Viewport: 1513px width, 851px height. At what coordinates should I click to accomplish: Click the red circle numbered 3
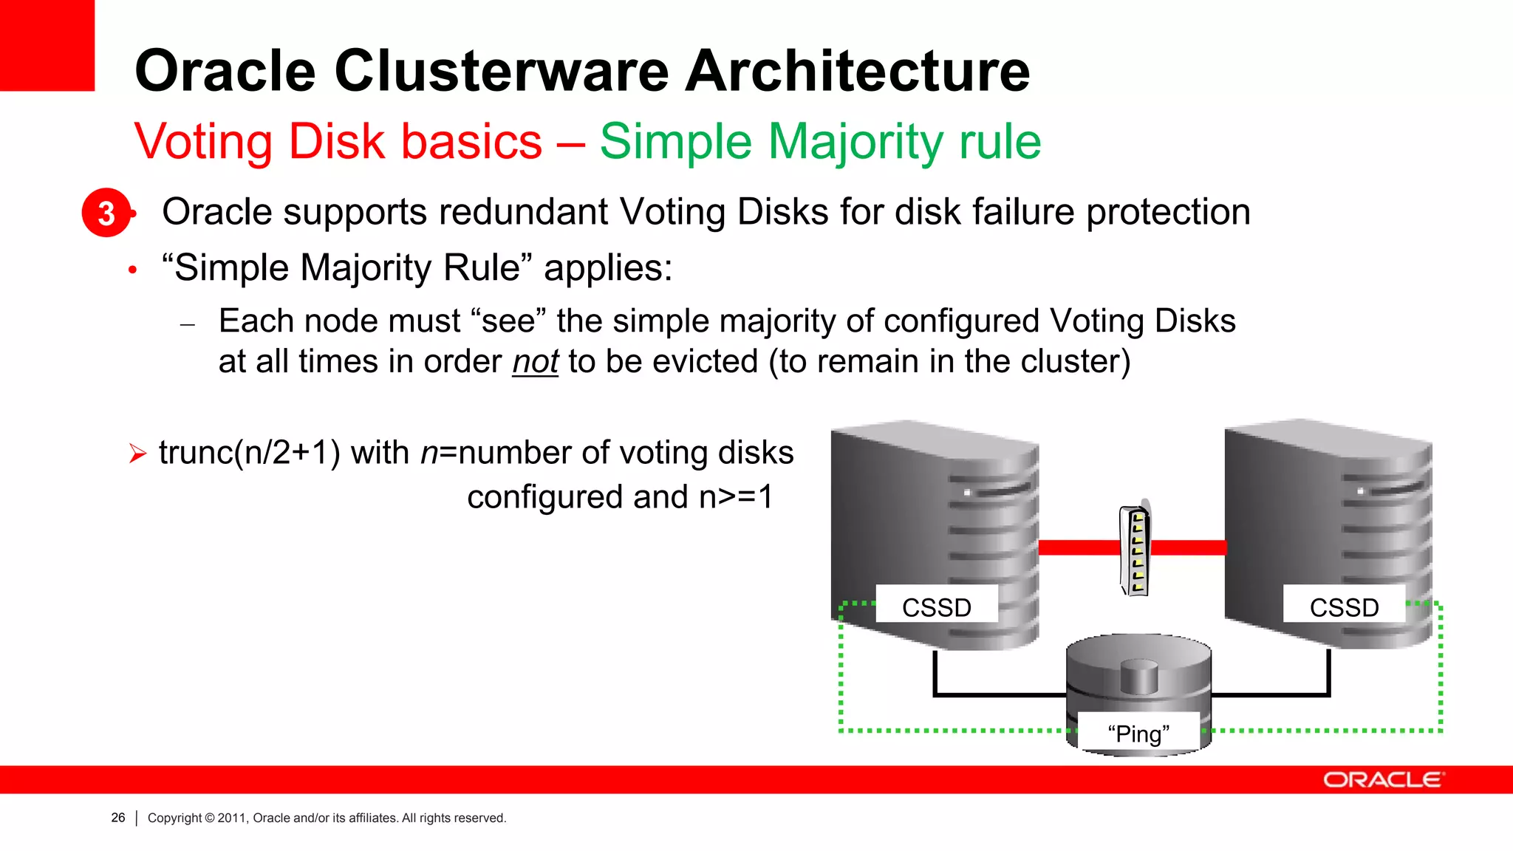click(x=106, y=213)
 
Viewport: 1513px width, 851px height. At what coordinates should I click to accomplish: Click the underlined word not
click(x=535, y=362)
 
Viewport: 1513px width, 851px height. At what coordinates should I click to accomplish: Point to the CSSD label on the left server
click(x=936, y=607)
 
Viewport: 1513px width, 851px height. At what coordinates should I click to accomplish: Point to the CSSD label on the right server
click(x=1344, y=607)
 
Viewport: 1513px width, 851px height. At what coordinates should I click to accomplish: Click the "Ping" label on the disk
click(x=1138, y=734)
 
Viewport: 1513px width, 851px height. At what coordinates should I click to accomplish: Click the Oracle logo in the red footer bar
click(x=1383, y=780)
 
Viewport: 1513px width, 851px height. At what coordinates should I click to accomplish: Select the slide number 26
click(x=118, y=818)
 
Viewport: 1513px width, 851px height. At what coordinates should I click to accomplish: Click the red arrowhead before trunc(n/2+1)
click(x=137, y=453)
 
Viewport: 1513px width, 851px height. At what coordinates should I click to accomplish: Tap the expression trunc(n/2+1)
click(x=250, y=453)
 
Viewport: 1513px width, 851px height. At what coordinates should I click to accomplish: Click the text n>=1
click(x=736, y=496)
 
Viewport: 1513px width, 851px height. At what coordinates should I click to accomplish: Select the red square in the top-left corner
click(x=47, y=44)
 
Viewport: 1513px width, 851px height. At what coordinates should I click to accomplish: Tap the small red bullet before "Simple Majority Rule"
click(x=132, y=270)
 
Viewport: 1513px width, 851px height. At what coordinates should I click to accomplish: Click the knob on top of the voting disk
click(x=1138, y=674)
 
